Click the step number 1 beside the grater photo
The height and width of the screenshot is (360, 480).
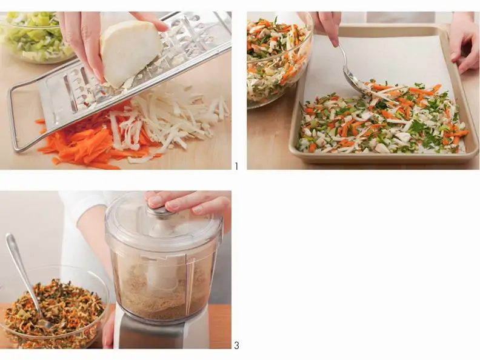click(x=236, y=166)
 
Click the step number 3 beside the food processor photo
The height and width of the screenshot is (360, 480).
click(x=236, y=345)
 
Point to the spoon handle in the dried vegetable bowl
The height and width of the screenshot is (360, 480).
click(x=21, y=269)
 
